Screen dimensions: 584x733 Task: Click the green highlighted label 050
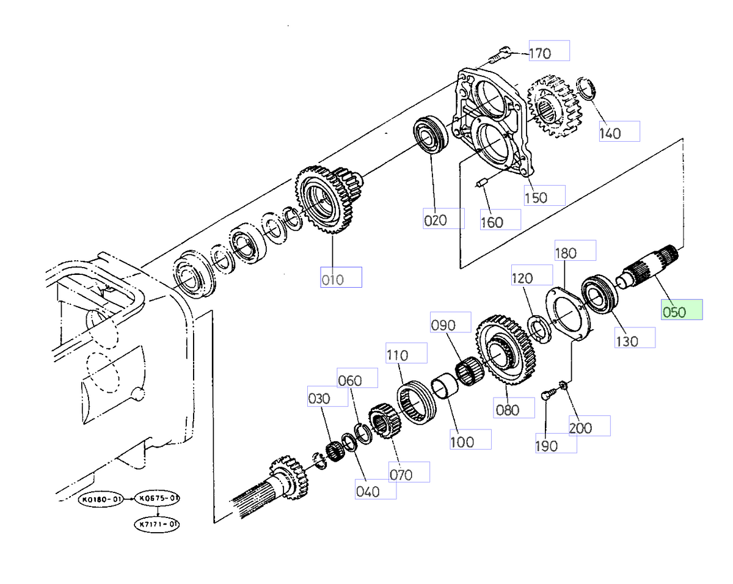pyautogui.click(x=682, y=310)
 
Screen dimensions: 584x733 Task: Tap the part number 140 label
pyautogui.click(x=618, y=131)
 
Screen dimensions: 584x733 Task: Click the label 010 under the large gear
pyautogui.click(x=341, y=278)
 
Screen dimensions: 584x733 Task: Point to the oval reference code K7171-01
pyautogui.click(x=157, y=524)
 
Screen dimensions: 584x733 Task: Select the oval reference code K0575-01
pyautogui.click(x=157, y=499)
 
